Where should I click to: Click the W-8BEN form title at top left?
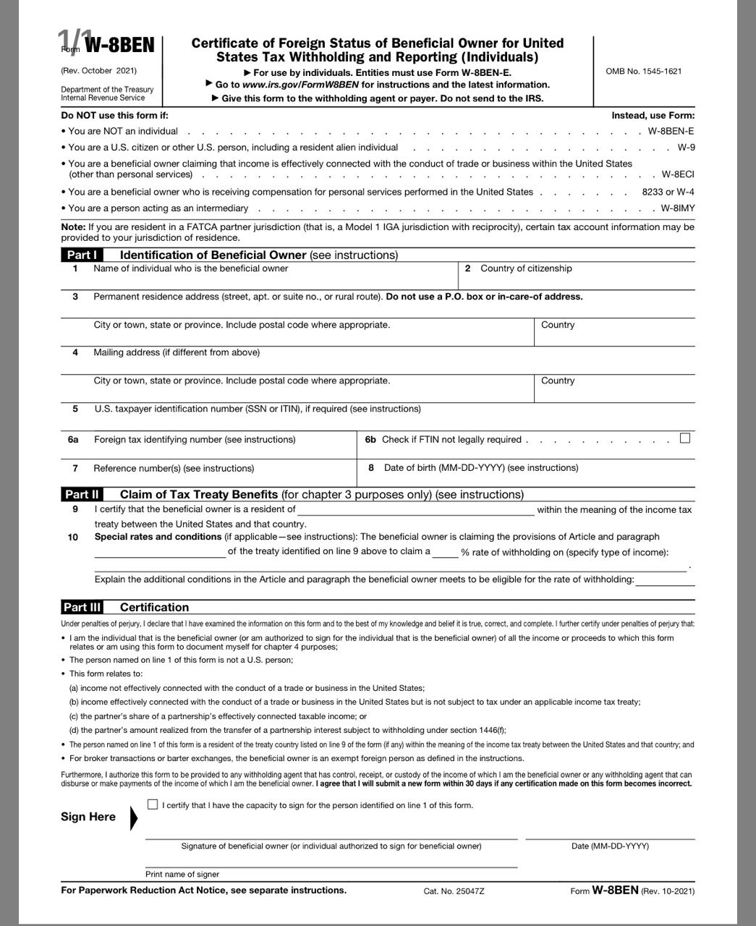pos(119,46)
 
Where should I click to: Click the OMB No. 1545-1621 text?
pos(643,71)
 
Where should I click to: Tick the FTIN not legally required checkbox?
pos(685,438)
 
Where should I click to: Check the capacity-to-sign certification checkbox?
pos(152,804)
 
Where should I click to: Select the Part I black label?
pos(82,255)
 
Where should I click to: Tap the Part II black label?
pos(82,495)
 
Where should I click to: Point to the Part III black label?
pos(82,608)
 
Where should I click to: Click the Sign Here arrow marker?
pos(133,817)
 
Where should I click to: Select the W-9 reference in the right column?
pos(686,148)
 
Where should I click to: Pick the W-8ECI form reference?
pos(678,174)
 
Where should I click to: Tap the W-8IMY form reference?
pos(677,208)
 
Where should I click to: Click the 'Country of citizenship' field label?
pos(526,268)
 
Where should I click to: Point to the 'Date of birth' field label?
pos(481,468)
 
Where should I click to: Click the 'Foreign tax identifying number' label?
pos(194,440)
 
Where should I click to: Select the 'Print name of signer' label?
pos(182,874)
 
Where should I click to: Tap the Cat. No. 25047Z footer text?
pos(454,891)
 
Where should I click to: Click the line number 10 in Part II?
pos(73,538)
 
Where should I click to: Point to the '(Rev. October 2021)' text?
pos(98,70)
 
